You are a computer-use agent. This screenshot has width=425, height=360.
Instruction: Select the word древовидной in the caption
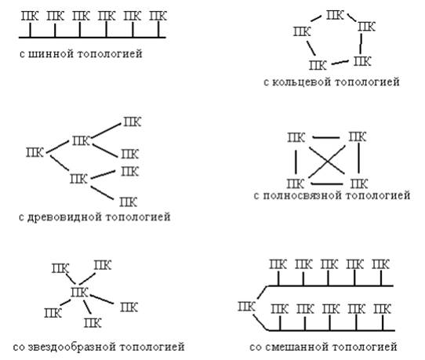coord(64,217)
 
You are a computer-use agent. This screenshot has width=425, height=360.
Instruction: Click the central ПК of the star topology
coord(79,293)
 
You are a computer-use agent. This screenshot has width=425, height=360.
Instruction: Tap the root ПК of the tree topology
coord(35,152)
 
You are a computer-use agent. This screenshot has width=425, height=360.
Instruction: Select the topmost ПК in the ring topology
coord(335,15)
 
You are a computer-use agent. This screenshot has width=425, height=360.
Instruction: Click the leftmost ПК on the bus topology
coord(30,16)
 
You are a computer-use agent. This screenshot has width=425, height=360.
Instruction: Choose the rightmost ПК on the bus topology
coord(158,16)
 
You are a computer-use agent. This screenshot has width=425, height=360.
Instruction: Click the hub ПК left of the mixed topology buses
coord(247,307)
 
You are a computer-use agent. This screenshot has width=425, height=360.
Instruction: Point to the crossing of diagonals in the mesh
coord(327,162)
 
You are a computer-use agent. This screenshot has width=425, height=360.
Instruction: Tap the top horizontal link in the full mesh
coord(325,138)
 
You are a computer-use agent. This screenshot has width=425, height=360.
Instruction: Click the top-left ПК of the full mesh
coord(296,138)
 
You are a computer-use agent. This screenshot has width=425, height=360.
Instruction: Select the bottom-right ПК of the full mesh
coord(359,184)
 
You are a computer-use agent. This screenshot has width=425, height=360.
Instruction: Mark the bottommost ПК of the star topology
coord(93,323)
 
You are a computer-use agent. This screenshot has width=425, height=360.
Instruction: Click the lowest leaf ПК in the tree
coord(128,202)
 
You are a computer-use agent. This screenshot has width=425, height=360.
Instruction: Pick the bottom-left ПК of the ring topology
coord(318,65)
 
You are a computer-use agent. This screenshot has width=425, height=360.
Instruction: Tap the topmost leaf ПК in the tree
coord(133,122)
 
